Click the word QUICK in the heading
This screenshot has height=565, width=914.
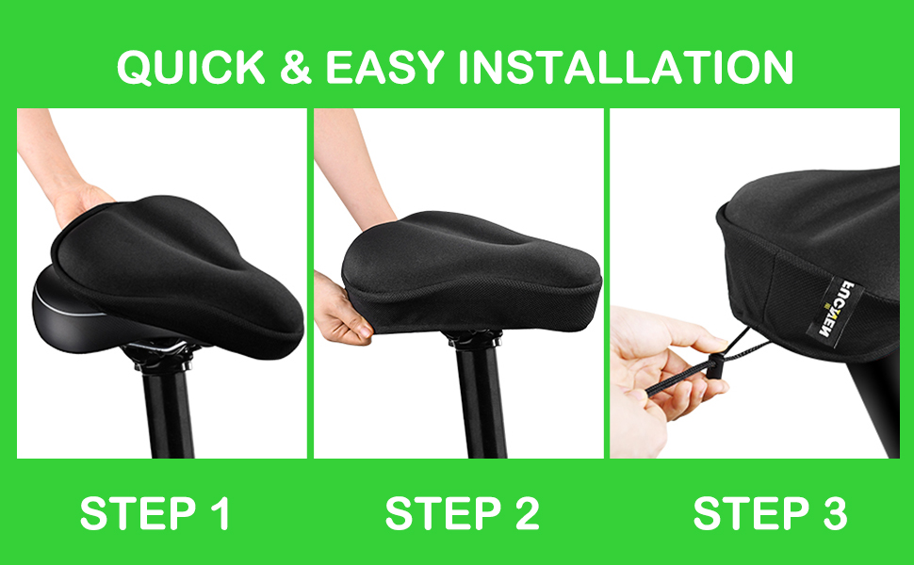[191, 68]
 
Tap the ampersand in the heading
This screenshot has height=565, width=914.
[296, 68]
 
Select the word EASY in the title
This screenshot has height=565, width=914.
[384, 68]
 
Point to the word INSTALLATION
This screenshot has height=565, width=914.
[626, 68]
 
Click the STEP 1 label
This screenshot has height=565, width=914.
[155, 513]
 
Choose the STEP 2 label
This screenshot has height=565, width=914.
[463, 513]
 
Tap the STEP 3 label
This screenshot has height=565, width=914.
[770, 513]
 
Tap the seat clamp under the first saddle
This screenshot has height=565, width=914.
[160, 352]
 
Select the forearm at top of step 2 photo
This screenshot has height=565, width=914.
[350, 169]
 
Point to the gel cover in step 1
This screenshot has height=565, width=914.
[175, 274]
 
